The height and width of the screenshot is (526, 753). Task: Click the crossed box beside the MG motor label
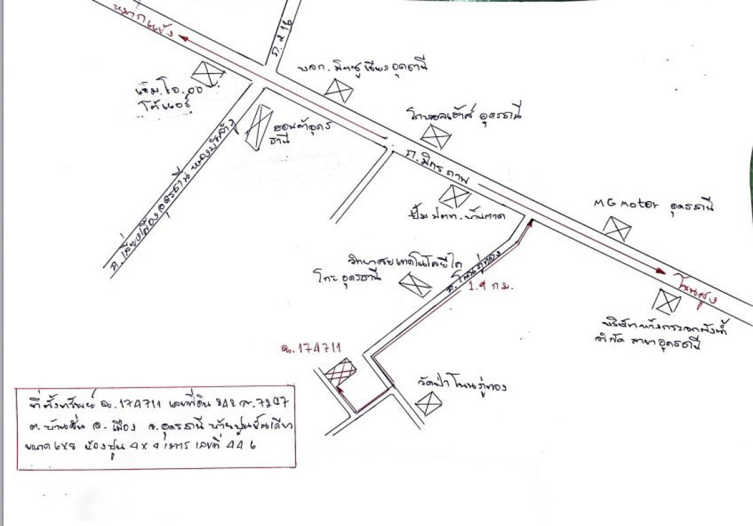point(617,228)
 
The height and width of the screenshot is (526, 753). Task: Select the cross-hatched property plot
point(340,373)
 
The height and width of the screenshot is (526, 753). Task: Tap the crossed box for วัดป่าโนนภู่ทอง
point(429,402)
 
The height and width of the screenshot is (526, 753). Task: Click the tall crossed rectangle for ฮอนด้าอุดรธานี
point(258,127)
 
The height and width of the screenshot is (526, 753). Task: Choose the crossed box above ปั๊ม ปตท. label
point(454,197)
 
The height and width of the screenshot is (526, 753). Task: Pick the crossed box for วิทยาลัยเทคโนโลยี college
point(415,284)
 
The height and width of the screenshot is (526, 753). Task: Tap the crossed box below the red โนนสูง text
point(667,301)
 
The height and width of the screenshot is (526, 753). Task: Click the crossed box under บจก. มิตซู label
point(339,91)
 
